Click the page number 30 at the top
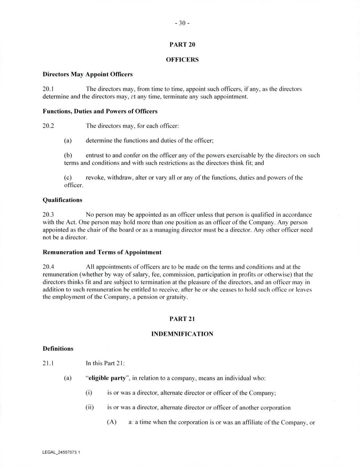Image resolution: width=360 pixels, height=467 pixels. pyautogui.click(x=182, y=23)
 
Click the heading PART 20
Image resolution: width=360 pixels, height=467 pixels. pyautogui.click(x=182, y=44)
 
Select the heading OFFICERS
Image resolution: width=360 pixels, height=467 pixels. pyautogui.click(x=182, y=60)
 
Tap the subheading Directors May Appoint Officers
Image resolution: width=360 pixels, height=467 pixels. pyautogui.click(x=88, y=74)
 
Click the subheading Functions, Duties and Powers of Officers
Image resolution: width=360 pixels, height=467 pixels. pyautogui.click(x=100, y=111)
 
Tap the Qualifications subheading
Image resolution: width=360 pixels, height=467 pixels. pyautogui.click(x=63, y=200)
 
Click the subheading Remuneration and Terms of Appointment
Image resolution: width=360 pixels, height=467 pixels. pyautogui.click(x=102, y=252)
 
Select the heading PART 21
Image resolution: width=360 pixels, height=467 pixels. pyautogui.click(x=182, y=319)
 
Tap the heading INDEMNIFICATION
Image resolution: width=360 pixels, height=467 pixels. pyautogui.click(x=182, y=334)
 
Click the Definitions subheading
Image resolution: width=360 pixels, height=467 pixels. pyautogui.click(x=58, y=348)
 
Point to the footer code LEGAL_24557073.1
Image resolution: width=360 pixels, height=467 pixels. pyautogui.click(x=61, y=453)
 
